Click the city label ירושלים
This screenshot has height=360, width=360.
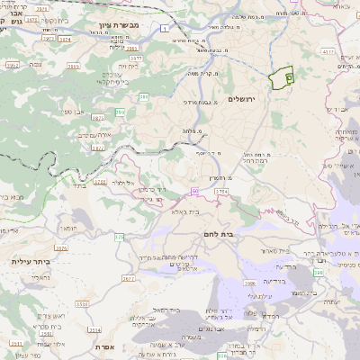pyautogui.click(x=241, y=98)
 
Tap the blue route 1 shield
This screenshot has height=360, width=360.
pyautogui.click(x=166, y=29)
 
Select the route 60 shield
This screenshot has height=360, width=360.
pyautogui.click(x=193, y=191)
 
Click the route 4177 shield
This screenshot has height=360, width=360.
pyautogui.click(x=328, y=52)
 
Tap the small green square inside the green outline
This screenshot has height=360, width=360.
pyautogui.click(x=288, y=79)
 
